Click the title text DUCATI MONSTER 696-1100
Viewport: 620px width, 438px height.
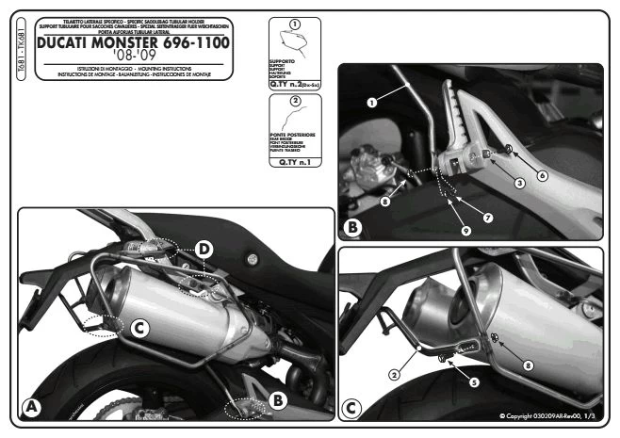point(138,43)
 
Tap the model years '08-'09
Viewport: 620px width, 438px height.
point(138,58)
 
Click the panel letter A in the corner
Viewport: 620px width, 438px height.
point(33,406)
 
